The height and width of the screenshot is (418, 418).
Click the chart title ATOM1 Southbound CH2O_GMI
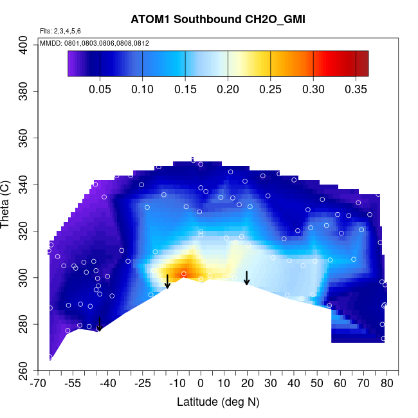point(217,19)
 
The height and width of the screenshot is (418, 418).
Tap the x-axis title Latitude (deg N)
point(217,402)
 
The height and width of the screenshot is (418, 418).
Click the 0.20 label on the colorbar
point(228,89)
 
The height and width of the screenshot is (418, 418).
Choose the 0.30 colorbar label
point(313,89)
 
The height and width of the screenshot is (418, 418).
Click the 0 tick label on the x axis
point(201,384)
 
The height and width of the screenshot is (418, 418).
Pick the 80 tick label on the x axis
point(386,384)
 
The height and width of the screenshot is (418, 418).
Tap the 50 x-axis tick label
point(317,384)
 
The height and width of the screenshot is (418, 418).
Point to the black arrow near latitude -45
point(99,324)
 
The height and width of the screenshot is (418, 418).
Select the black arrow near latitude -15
point(167,282)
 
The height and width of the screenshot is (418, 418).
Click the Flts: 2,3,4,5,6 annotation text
point(60,31)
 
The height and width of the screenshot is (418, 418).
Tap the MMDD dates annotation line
point(95,43)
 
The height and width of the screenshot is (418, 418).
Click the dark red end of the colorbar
point(363,63)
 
